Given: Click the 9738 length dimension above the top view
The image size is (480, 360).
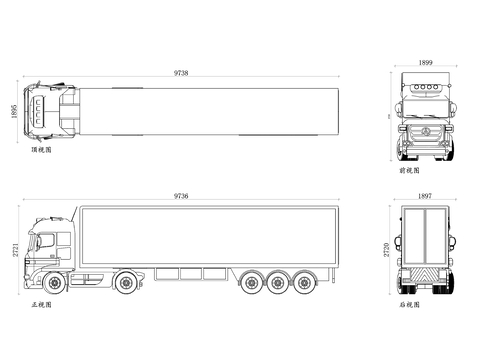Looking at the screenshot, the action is tap(181, 73).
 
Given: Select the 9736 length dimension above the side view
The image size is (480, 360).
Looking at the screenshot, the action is tap(181, 196).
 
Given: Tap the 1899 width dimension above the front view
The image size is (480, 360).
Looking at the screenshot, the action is tap(425, 62).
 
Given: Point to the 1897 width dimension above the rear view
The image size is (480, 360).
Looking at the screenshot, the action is tap(425, 196).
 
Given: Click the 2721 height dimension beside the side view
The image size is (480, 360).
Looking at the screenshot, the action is tap(16, 250).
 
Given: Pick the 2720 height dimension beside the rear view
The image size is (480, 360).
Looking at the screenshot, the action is tap(386, 250).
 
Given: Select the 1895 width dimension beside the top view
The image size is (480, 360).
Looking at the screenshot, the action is tap(14, 111).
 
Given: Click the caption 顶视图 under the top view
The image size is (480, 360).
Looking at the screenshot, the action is tap(41, 150).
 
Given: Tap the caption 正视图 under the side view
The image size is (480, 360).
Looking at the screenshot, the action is tap(41, 305).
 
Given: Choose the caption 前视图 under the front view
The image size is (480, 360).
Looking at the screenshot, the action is tap(409, 171).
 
